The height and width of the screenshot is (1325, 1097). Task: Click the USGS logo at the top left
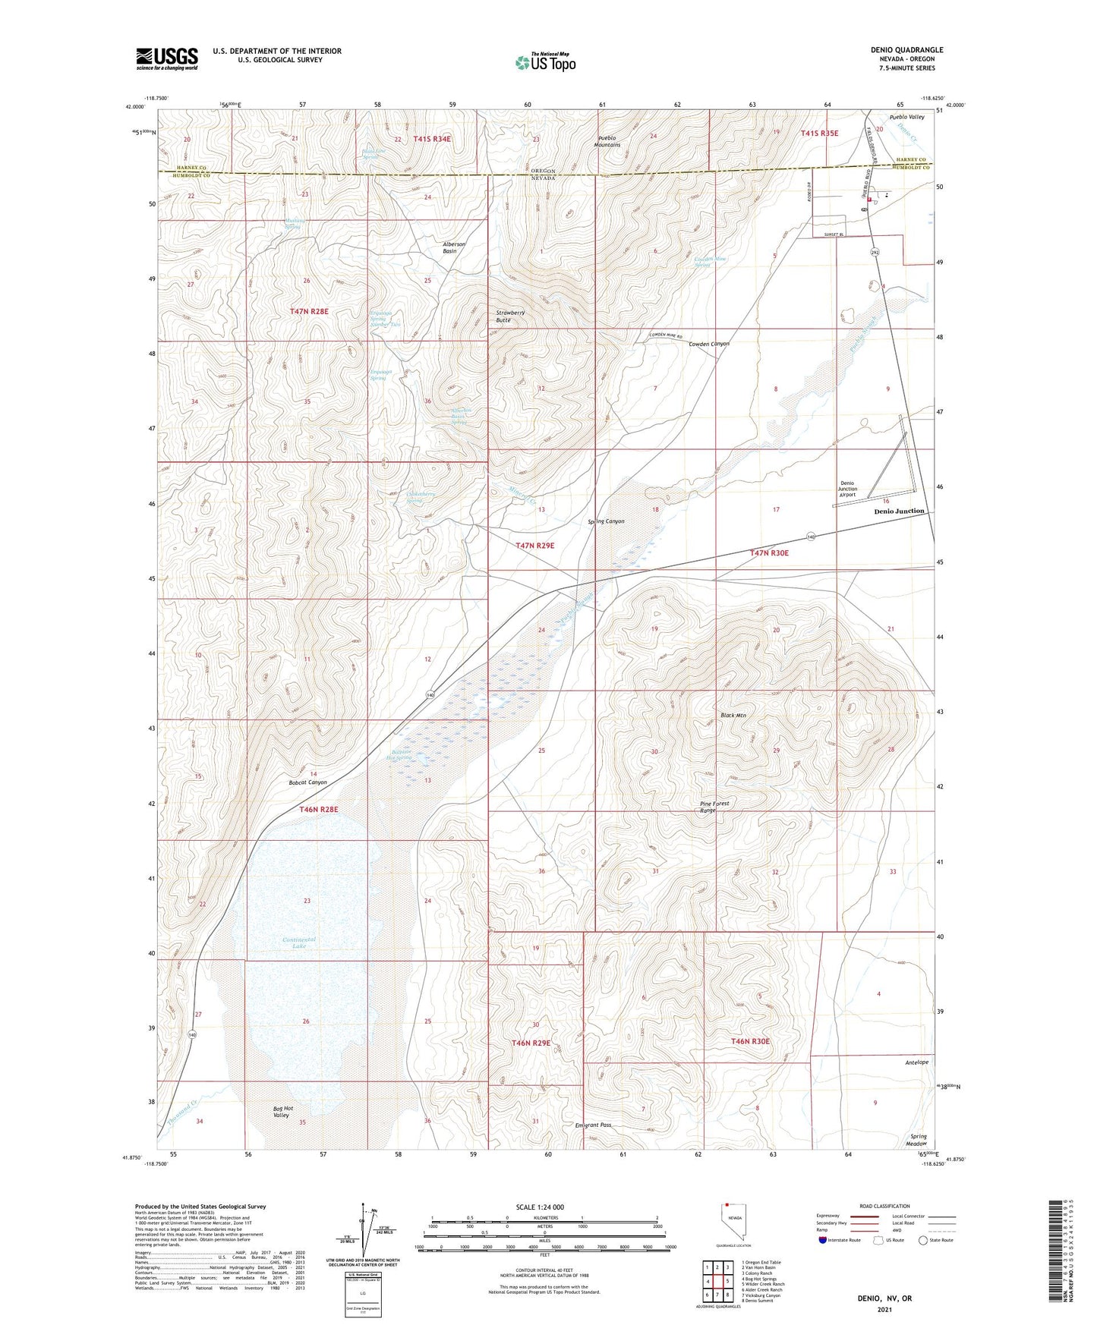167,58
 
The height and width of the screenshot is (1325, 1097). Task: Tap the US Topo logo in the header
545,62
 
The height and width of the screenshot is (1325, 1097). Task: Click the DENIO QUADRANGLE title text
906,50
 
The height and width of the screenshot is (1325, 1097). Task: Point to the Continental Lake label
298,943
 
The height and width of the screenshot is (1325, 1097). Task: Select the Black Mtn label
733,716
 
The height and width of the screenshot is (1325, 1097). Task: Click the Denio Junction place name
899,511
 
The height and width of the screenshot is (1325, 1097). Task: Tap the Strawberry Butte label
510,316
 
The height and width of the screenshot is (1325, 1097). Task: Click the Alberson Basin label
454,247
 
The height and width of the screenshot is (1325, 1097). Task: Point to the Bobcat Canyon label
307,782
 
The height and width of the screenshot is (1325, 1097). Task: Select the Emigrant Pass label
593,1125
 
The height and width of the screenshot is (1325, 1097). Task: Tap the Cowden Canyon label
708,344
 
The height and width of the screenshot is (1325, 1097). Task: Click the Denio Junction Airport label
847,489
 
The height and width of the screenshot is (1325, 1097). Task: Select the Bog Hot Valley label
281,1112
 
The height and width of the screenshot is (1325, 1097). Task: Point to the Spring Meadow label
916,1140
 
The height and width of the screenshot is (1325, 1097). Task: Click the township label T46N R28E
318,809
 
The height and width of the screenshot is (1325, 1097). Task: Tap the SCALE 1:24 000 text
540,1207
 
